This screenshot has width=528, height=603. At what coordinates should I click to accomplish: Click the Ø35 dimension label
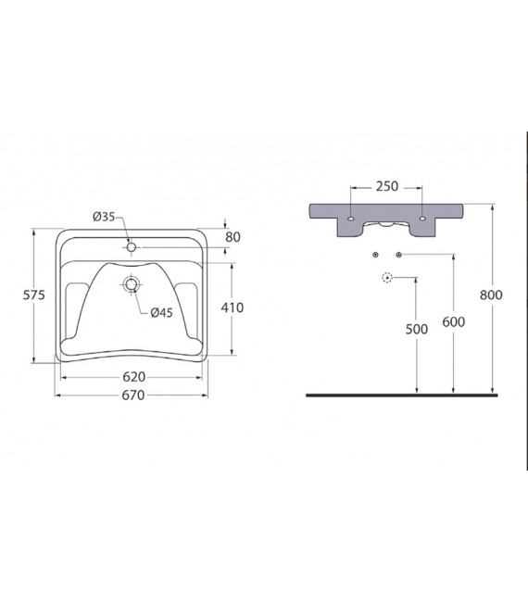tap(104, 217)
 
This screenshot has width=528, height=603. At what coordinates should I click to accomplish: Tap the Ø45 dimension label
tap(162, 312)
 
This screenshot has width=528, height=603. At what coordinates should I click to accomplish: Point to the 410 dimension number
tap(233, 307)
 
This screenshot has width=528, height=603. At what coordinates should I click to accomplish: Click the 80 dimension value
tap(233, 236)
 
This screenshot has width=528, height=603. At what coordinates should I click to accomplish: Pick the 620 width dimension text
tap(133, 377)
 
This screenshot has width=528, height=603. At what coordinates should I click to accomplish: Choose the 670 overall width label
tap(133, 396)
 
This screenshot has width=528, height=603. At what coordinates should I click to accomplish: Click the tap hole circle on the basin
tap(132, 247)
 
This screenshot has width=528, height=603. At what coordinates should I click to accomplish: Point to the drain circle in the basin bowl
tap(132, 284)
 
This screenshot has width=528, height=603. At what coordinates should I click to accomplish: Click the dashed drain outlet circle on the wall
tap(386, 277)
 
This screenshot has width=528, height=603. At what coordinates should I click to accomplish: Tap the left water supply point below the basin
tap(374, 254)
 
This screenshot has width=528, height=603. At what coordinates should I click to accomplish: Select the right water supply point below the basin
tap(398, 254)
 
